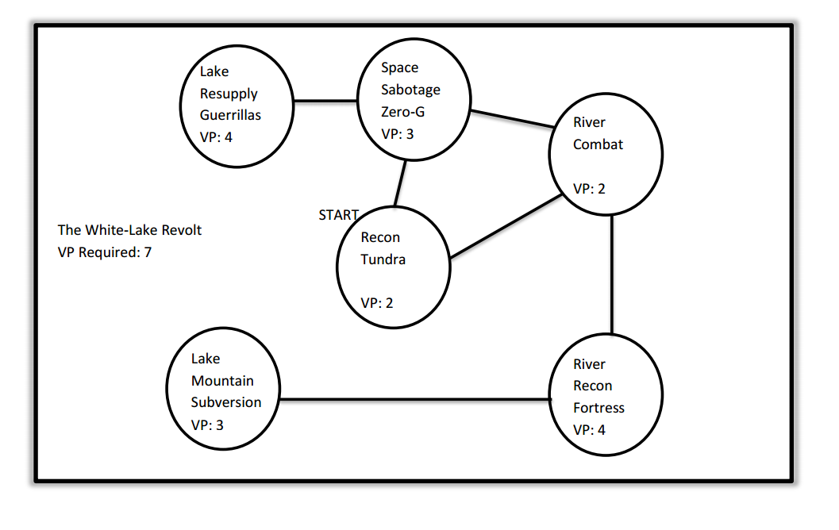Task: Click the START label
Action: click(338, 215)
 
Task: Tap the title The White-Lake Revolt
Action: click(129, 230)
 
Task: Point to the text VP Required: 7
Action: click(105, 252)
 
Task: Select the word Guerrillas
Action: click(230, 115)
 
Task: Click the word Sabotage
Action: click(410, 90)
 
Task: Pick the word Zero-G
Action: click(402, 112)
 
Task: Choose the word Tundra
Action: click(383, 259)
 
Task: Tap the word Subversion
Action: click(225, 402)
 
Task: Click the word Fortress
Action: click(598, 408)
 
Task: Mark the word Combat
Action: click(598, 144)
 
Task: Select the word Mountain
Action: click(222, 381)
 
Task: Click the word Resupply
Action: click(229, 94)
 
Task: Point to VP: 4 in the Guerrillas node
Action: click(216, 137)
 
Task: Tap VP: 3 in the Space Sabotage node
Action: click(397, 134)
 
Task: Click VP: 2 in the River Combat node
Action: click(589, 189)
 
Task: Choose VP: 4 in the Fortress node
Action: click(589, 430)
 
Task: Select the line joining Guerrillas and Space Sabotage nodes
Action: click(325, 102)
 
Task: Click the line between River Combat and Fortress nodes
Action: click(612, 274)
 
